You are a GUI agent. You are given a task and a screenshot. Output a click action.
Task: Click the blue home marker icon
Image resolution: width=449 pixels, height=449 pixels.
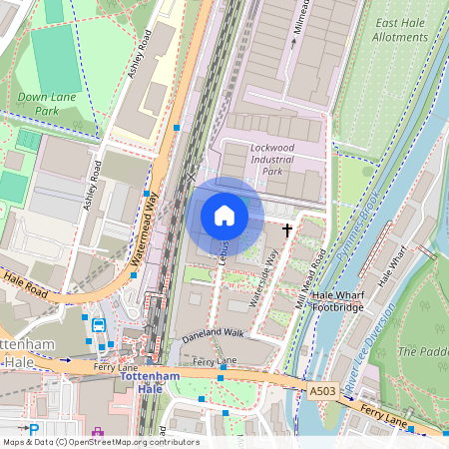[224, 216]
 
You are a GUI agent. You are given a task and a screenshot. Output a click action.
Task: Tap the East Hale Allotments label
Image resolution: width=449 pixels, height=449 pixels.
[399, 29]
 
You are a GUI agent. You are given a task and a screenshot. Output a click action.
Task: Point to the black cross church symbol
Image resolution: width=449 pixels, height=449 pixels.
[288, 230]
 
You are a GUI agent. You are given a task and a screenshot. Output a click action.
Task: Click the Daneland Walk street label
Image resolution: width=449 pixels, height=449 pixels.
[212, 334]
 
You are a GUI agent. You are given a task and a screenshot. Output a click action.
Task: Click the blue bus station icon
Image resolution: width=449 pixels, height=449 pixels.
[99, 325]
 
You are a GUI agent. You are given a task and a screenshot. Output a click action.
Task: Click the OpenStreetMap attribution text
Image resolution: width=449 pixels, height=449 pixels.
[100, 442]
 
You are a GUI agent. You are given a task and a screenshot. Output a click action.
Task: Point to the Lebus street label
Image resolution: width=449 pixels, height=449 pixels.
[224, 251]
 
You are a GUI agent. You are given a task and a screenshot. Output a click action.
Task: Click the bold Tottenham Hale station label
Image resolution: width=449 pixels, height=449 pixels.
[149, 382]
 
